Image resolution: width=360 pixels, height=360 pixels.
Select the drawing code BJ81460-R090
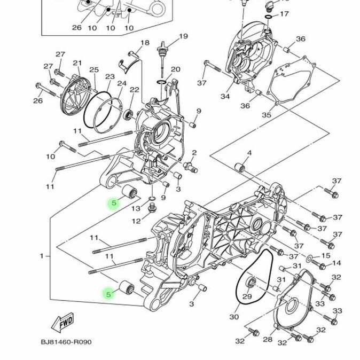click(x=66, y=342)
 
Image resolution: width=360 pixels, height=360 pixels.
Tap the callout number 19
click(x=183, y=36)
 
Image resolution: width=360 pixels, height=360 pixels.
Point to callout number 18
click(x=145, y=43)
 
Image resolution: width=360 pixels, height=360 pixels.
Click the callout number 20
click(x=176, y=70)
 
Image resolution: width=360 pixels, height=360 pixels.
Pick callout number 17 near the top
click(x=284, y=14)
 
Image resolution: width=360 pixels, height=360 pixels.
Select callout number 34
click(x=225, y=97)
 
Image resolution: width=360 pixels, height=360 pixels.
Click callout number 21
click(x=77, y=63)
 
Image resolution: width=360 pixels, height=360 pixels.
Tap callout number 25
click(x=94, y=70)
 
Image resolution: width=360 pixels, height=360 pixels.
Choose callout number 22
click(x=134, y=90)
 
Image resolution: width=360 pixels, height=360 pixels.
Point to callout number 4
click(x=249, y=153)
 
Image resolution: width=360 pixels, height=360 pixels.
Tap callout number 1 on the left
click(x=42, y=256)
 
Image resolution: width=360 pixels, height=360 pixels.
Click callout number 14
click(x=336, y=263)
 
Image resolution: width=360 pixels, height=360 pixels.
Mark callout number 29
click(x=247, y=297)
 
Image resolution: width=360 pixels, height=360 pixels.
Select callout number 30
click(x=234, y=317)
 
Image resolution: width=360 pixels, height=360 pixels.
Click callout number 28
click(x=268, y=339)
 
